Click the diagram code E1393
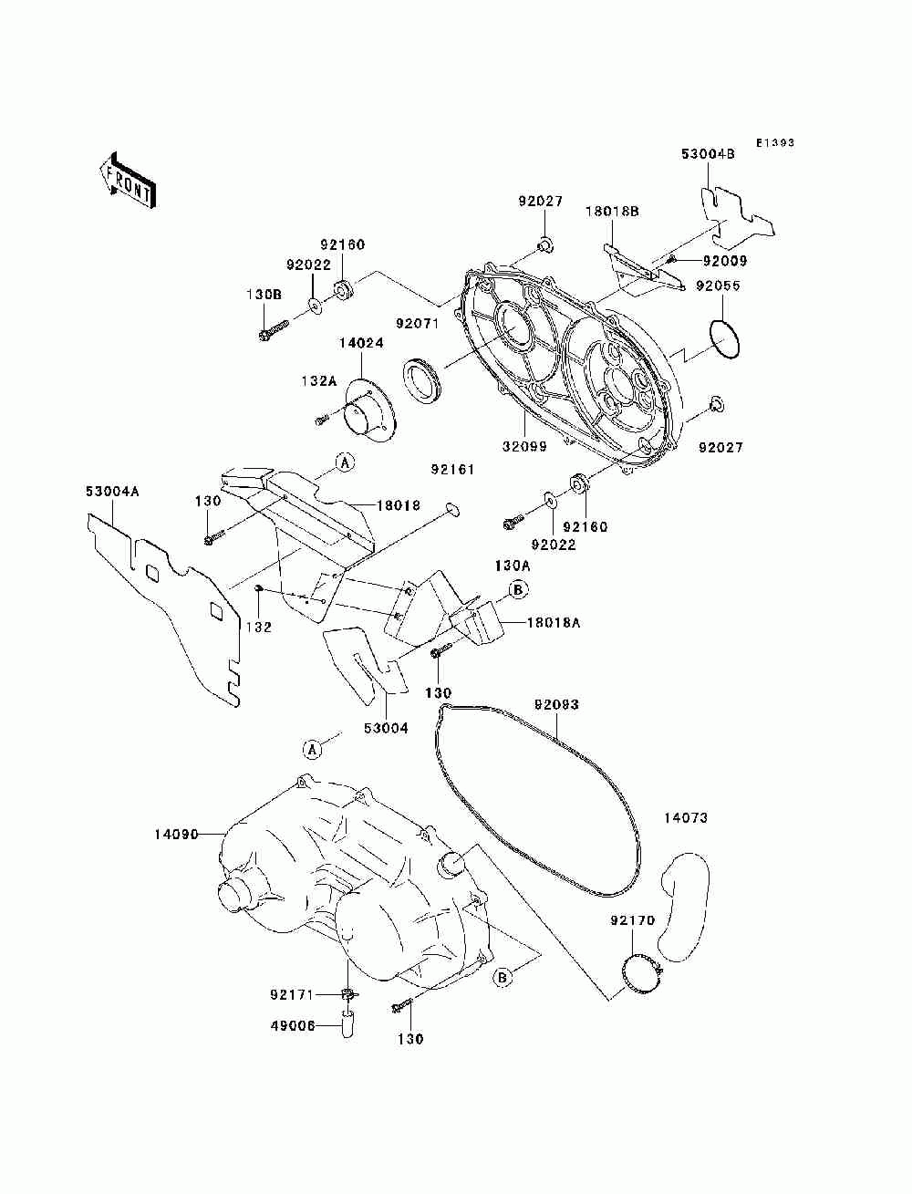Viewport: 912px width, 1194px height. pyautogui.click(x=774, y=143)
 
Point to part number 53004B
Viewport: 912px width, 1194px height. pyautogui.click(x=708, y=154)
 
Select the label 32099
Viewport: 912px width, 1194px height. pyautogui.click(x=524, y=447)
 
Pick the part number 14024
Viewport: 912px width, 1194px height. pyautogui.click(x=362, y=343)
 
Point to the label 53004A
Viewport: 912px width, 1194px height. pyautogui.click(x=112, y=492)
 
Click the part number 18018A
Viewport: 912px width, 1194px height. pyautogui.click(x=553, y=622)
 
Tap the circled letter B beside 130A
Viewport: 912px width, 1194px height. pyautogui.click(x=518, y=589)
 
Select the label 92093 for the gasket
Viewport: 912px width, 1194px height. pyautogui.click(x=556, y=704)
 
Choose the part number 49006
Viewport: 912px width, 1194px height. pyautogui.click(x=293, y=1026)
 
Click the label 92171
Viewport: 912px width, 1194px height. pyautogui.click(x=292, y=995)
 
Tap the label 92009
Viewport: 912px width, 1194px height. pyautogui.click(x=725, y=261)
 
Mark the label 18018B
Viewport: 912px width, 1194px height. pyautogui.click(x=612, y=211)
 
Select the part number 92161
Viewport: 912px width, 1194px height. pyautogui.click(x=452, y=469)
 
